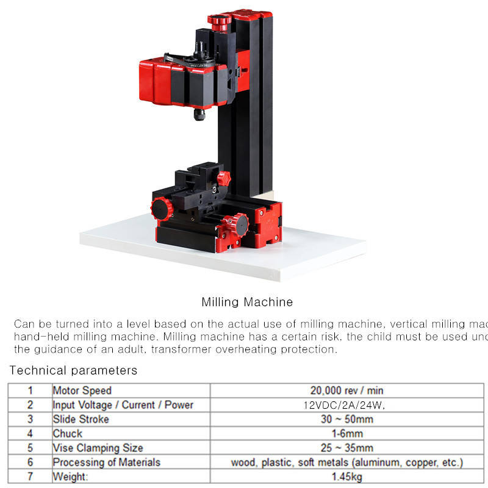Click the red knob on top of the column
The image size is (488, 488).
(x=220, y=23)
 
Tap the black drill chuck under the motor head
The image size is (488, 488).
(x=199, y=115)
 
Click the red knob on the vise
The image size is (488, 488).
(x=224, y=179)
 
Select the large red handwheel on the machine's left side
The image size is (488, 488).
(x=162, y=209)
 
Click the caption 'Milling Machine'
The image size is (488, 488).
(x=247, y=302)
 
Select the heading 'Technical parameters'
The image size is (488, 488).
(x=73, y=370)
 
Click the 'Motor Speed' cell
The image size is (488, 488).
(x=82, y=390)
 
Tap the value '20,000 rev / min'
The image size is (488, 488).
(x=346, y=390)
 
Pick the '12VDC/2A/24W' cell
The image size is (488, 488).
(x=344, y=405)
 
